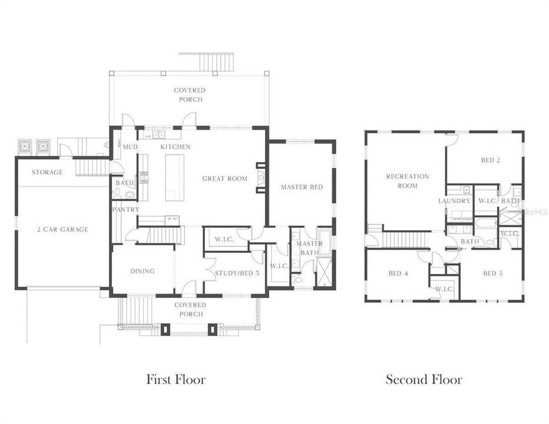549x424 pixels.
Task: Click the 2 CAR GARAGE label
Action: [61, 229]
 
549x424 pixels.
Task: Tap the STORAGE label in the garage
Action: [47, 173]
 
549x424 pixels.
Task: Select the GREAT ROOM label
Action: [224, 178]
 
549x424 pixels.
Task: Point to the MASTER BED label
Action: [302, 187]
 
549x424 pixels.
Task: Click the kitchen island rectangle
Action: [174, 177]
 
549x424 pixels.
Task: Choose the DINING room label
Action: [143, 271]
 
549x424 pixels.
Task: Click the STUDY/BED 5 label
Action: [237, 273]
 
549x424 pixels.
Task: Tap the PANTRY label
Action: [125, 209]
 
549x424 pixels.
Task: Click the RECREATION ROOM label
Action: [407, 181]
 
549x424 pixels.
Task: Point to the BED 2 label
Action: [491, 160]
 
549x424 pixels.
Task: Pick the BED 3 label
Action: [493, 273]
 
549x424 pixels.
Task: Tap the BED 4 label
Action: [398, 273]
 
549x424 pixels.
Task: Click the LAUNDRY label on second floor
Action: [454, 201]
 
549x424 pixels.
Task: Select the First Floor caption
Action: [176, 379]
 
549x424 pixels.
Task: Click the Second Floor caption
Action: [424, 379]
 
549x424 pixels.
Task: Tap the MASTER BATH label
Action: [309, 248]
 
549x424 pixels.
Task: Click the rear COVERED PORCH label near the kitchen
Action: [190, 95]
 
